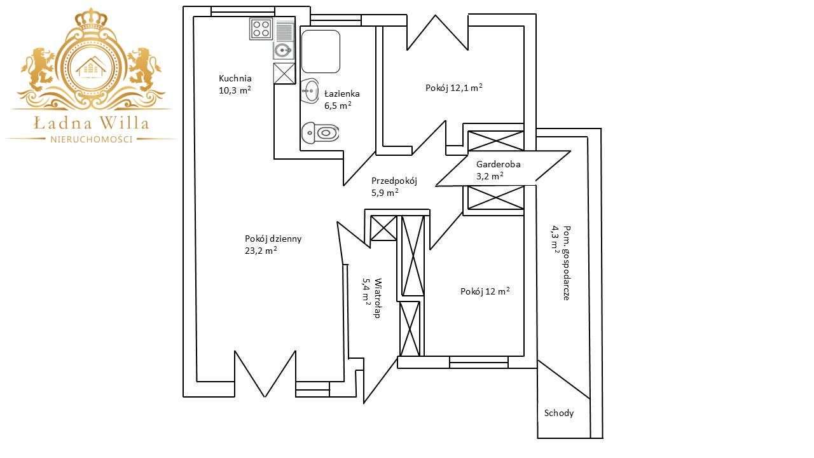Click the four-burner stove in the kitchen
[261, 29]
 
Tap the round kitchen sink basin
[284, 50]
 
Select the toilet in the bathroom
[320, 132]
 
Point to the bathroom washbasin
[310, 91]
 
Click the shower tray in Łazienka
[321, 52]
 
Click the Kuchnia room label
[235, 78]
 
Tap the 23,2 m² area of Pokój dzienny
[261, 251]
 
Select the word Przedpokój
[394, 181]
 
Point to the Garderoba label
[498, 164]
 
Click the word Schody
[559, 413]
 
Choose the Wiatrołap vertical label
[378, 298]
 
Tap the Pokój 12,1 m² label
[454, 88]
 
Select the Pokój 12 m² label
[485, 291]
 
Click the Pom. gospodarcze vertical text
[566, 263]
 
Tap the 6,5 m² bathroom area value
[338, 106]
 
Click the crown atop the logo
[91, 21]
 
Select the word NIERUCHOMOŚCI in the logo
[91, 139]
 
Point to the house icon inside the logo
[91, 67]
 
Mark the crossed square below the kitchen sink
[284, 73]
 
